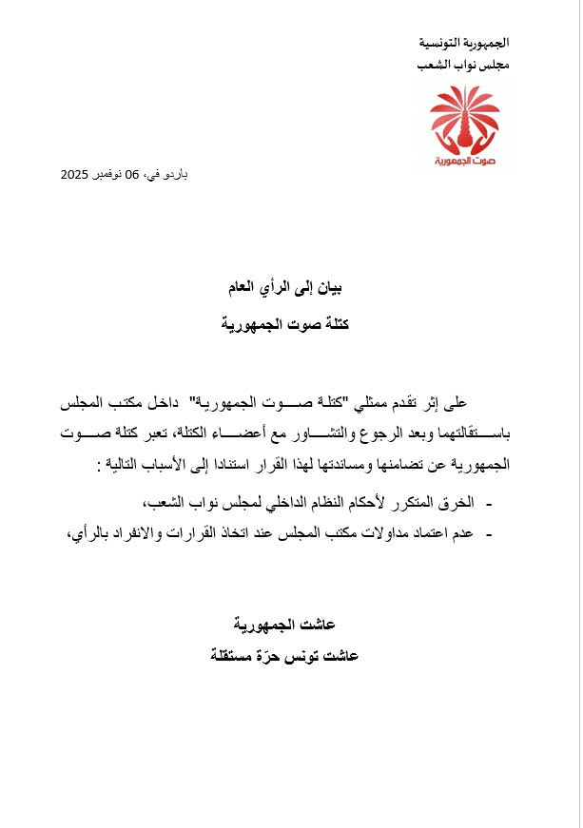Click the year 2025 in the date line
pyautogui.click(x=76, y=175)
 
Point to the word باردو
pyautogui.click(x=172, y=175)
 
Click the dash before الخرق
pyautogui.click(x=488, y=503)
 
